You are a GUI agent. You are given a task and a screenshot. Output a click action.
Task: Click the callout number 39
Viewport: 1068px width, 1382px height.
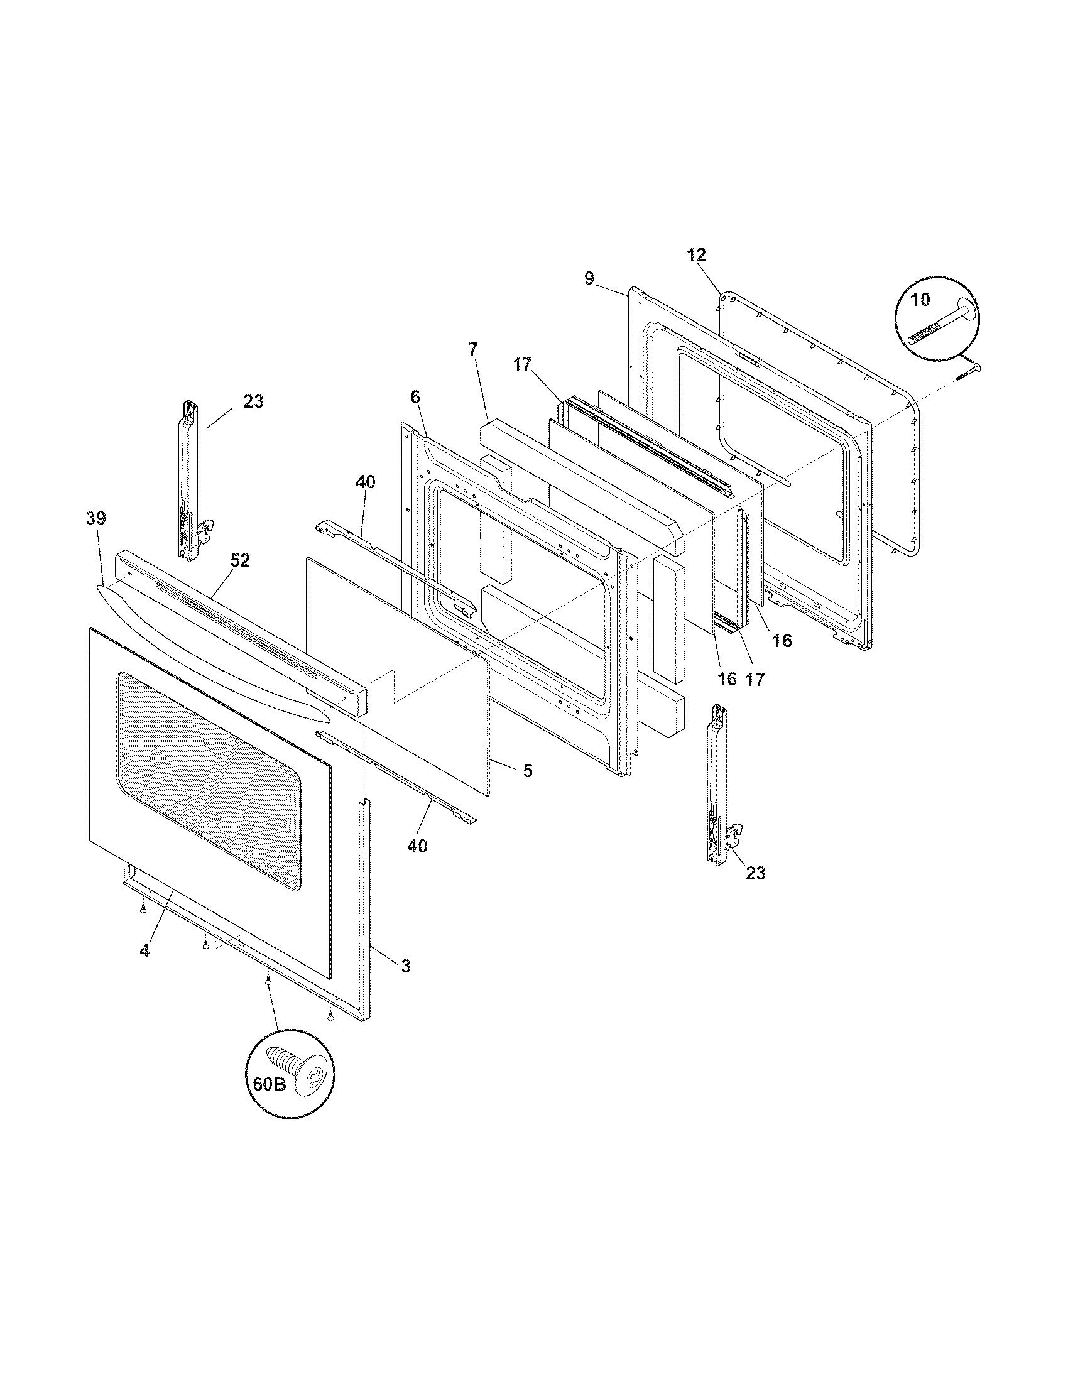96,518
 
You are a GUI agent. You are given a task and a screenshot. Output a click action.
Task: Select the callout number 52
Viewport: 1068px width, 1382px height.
240,560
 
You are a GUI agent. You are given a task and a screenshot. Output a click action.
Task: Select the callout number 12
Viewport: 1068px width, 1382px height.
696,255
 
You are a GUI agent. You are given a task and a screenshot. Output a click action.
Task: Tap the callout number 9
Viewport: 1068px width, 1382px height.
589,278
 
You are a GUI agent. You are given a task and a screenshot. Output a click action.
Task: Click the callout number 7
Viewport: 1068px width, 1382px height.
473,349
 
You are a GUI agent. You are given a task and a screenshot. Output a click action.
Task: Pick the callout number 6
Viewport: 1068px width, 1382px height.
415,397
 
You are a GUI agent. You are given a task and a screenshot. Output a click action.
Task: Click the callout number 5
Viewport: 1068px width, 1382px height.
527,771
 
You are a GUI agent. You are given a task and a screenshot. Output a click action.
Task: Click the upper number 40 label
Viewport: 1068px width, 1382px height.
365,482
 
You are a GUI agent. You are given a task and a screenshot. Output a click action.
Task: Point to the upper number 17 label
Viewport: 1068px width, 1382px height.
523,365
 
